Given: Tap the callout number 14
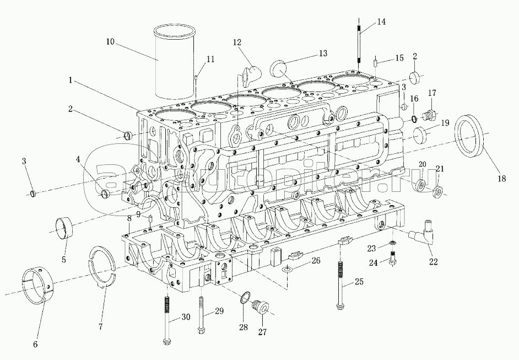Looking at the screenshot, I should click(x=382, y=22).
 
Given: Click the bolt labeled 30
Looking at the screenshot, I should click(x=165, y=320).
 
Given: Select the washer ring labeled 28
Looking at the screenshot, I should click(x=245, y=299).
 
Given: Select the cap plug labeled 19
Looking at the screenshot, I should click(x=422, y=134).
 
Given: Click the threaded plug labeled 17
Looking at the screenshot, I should click(x=430, y=116).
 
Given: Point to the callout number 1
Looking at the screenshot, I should click(x=71, y=80).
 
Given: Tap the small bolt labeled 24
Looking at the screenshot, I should click(x=392, y=258).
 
